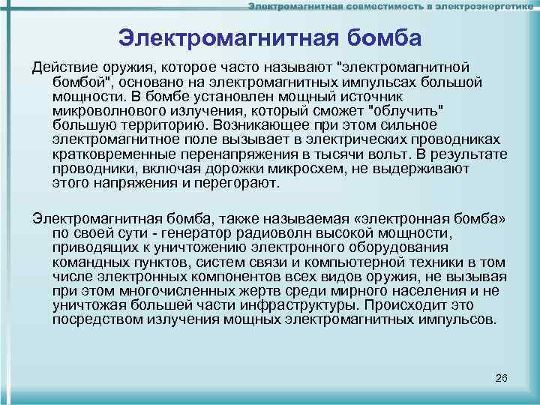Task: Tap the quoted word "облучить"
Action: [x=405, y=110]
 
